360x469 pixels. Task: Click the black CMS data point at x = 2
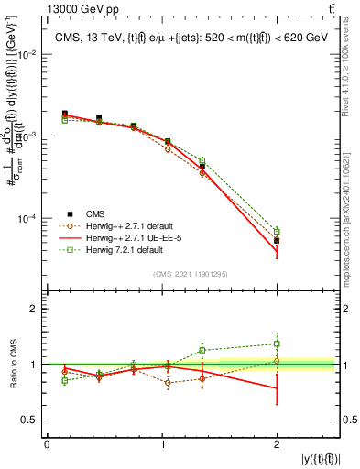(277, 240)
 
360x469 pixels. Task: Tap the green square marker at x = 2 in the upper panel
(277, 231)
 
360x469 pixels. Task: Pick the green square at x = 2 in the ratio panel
(277, 344)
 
